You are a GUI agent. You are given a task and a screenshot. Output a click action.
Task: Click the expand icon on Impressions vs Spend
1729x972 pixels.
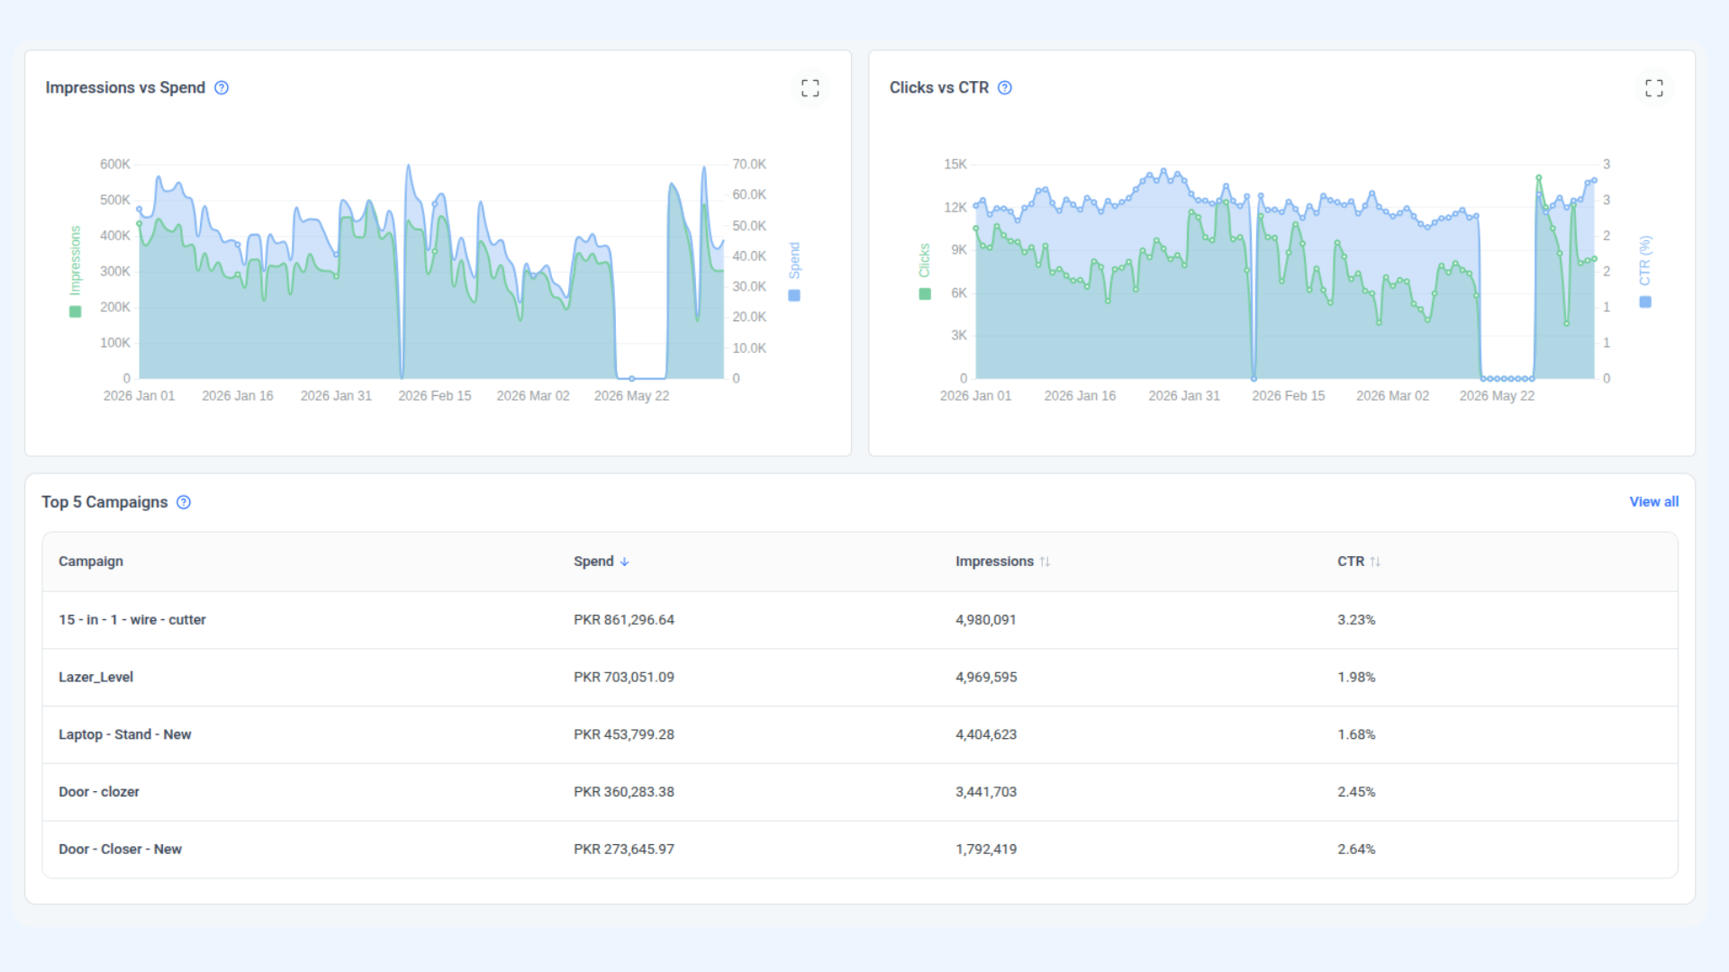810,87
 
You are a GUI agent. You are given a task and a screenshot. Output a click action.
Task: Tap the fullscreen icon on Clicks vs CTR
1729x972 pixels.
1653,87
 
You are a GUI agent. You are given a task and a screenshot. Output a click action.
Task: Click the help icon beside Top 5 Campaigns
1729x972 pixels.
184,502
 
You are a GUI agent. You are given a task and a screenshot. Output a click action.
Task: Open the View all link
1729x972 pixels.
1653,501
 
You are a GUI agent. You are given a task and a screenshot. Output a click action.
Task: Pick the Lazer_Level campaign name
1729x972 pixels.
95,677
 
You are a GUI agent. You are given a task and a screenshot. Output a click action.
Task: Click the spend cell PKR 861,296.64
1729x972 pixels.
624,619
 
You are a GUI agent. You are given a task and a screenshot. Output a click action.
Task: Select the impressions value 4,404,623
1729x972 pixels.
986,734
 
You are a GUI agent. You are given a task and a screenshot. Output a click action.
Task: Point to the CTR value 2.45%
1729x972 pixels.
1356,792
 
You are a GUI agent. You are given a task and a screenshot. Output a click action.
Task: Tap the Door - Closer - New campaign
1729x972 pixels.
120,850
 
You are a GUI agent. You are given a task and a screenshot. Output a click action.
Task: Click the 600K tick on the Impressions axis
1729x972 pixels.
114,164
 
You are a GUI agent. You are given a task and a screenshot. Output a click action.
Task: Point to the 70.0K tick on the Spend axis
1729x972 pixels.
749,164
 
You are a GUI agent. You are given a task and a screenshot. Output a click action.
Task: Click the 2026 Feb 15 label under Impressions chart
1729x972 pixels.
434,396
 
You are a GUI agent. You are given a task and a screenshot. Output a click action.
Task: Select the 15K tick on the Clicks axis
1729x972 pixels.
955,164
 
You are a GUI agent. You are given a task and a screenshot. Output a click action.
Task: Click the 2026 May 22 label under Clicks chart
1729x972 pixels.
1497,396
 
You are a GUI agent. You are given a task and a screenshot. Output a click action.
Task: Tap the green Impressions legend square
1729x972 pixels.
76,311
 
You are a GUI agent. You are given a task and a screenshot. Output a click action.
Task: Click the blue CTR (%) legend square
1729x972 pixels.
1645,302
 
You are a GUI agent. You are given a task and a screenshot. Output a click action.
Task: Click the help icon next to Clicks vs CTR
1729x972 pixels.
1005,87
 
